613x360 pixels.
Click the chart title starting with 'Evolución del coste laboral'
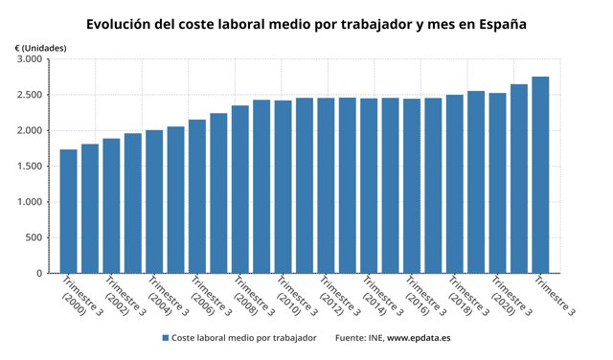[306, 23]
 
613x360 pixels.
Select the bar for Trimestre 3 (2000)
[68, 212]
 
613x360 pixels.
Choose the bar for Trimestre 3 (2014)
[369, 186]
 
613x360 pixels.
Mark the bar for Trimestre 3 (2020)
[497, 183]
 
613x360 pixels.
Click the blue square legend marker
[166, 339]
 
